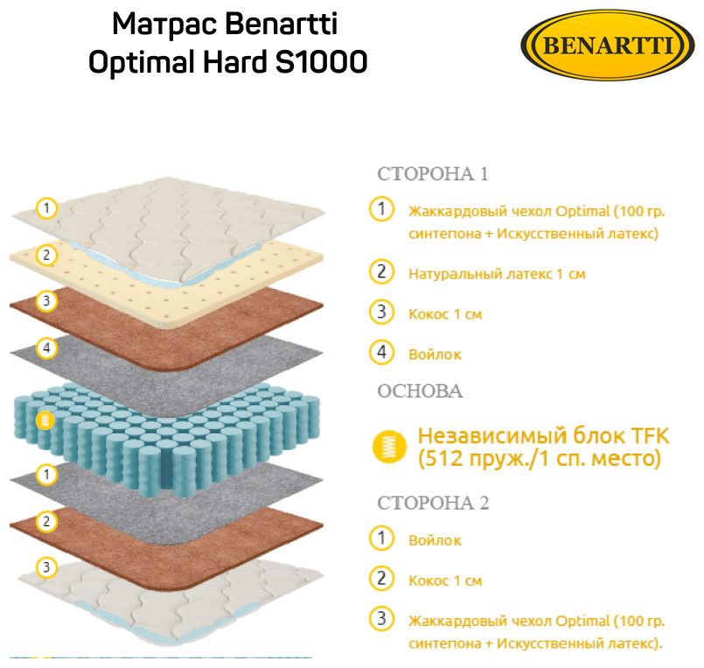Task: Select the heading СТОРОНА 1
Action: tap(432, 173)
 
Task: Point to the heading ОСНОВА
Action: tap(420, 391)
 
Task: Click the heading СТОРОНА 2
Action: tap(434, 503)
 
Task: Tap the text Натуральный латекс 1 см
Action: tap(497, 274)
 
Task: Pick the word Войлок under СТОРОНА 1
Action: tap(435, 355)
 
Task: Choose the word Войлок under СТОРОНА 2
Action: tap(435, 540)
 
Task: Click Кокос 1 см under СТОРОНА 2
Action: tap(445, 580)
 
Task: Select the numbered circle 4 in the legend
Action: tap(380, 353)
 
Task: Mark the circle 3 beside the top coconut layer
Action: tap(47, 301)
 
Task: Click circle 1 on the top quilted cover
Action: tap(47, 208)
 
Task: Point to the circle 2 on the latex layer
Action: tap(47, 256)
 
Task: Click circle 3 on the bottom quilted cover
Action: tap(47, 568)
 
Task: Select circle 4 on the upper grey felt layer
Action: tap(47, 348)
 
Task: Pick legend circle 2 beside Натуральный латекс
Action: tap(380, 272)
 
